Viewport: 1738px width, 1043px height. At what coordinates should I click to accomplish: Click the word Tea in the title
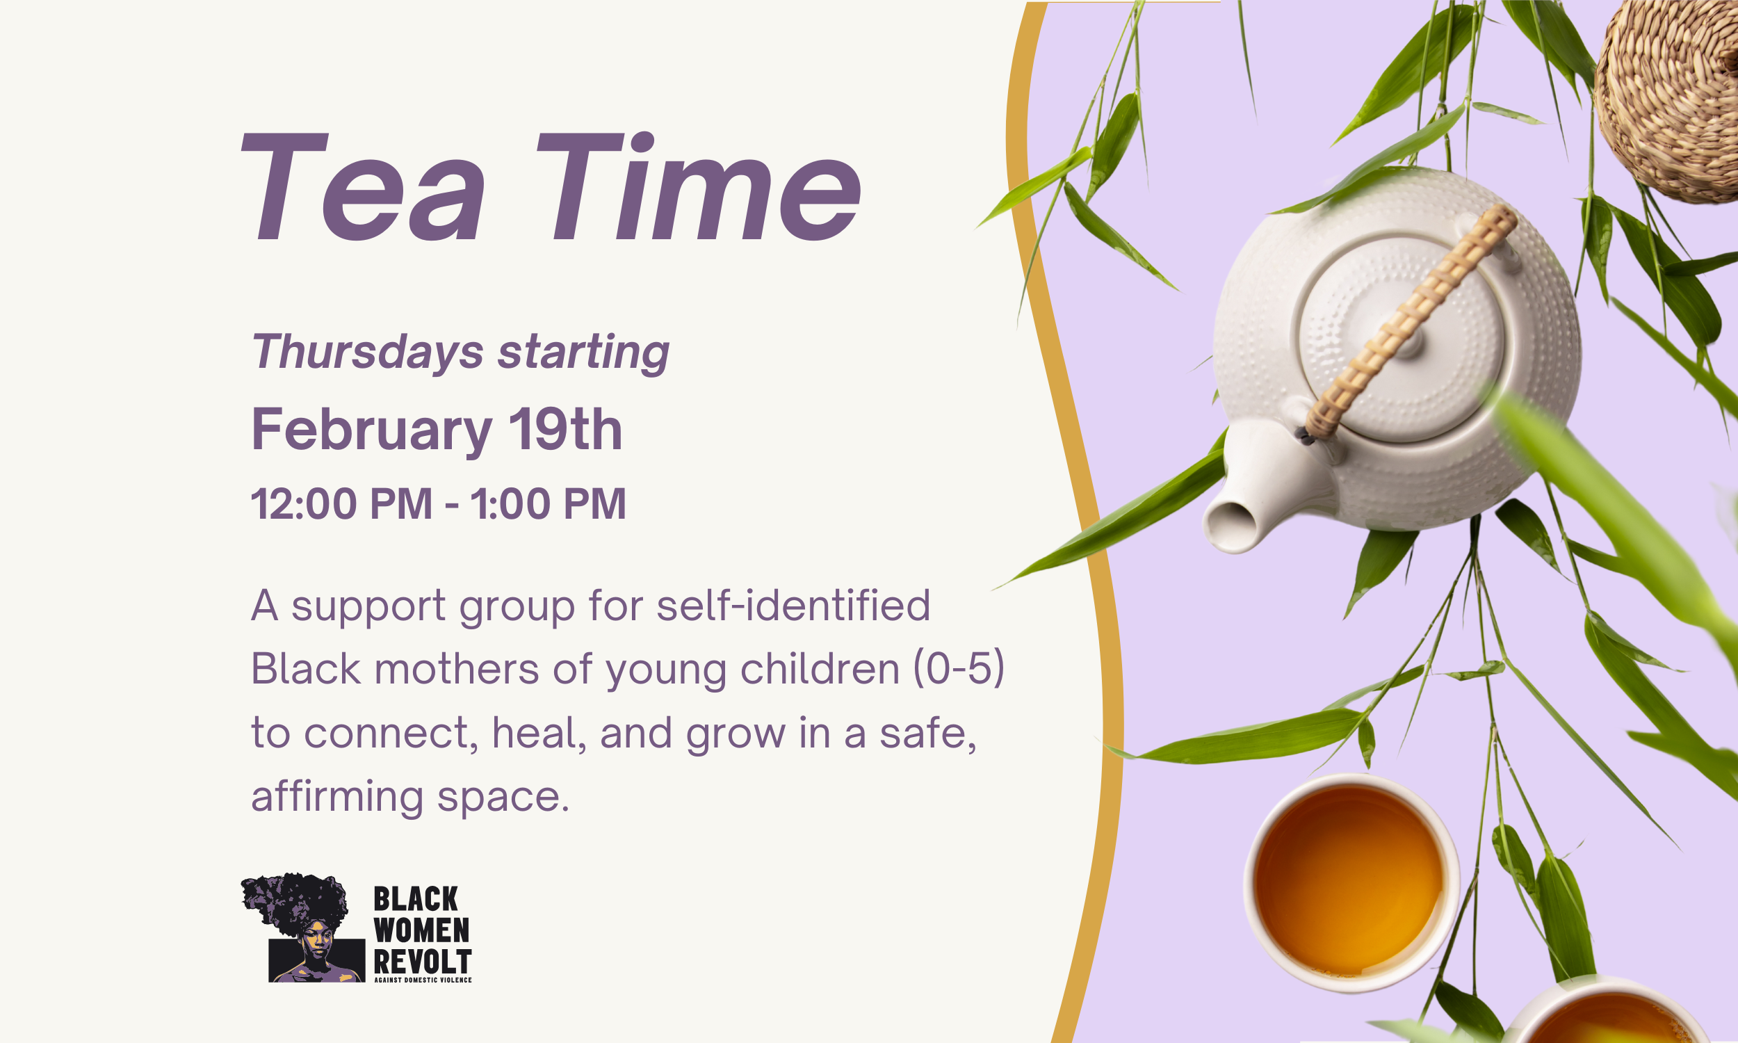pyautogui.click(x=362, y=188)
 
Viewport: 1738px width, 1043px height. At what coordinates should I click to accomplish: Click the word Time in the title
pyautogui.click(x=698, y=188)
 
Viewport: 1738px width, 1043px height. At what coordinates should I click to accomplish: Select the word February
pyautogui.click(x=372, y=430)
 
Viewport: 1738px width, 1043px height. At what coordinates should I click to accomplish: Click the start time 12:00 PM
pyautogui.click(x=341, y=504)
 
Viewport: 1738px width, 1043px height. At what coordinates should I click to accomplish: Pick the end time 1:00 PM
pyautogui.click(x=548, y=504)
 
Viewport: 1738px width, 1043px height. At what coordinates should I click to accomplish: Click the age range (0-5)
pyautogui.click(x=959, y=668)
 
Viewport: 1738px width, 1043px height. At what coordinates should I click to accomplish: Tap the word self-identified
pyautogui.click(x=793, y=605)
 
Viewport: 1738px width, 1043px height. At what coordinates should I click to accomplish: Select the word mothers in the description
pyautogui.click(x=457, y=668)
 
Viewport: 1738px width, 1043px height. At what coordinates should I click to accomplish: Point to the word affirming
pyautogui.click(x=337, y=796)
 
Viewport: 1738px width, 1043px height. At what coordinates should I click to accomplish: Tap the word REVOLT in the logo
pyautogui.click(x=422, y=961)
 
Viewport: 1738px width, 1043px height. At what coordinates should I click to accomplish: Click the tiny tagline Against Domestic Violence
pyautogui.click(x=423, y=980)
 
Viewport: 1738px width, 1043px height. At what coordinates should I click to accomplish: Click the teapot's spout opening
pyautogui.click(x=1229, y=528)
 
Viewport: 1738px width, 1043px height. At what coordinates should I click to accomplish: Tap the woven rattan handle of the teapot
pyautogui.click(x=1412, y=320)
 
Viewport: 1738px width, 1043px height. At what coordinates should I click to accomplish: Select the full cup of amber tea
pyautogui.click(x=1350, y=883)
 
